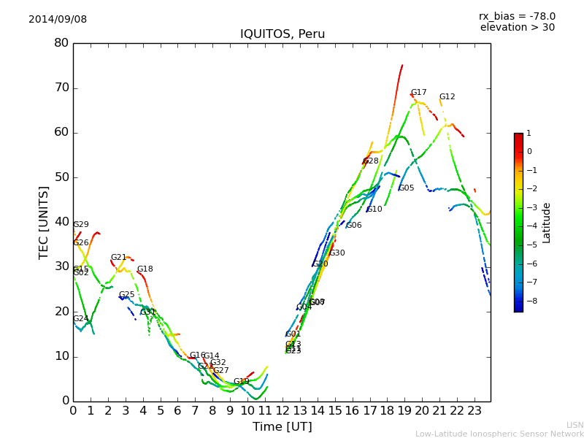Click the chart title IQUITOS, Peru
[x=283, y=34]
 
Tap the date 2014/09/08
[x=58, y=20]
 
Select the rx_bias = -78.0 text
[x=517, y=16]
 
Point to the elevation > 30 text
[x=517, y=28]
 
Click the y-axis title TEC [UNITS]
[x=44, y=222]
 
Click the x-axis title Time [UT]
[x=282, y=427]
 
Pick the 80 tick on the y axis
[x=61, y=43]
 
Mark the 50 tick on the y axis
[x=61, y=177]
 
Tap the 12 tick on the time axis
[x=283, y=410]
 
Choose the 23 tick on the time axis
[x=474, y=410]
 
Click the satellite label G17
[x=418, y=93]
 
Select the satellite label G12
[x=447, y=97]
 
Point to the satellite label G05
[x=406, y=188]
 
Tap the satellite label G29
[x=81, y=225]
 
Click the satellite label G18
[x=145, y=269]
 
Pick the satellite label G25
[x=127, y=295]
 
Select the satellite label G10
[x=374, y=210]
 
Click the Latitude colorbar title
[x=546, y=223]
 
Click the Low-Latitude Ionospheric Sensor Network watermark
[x=499, y=434]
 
